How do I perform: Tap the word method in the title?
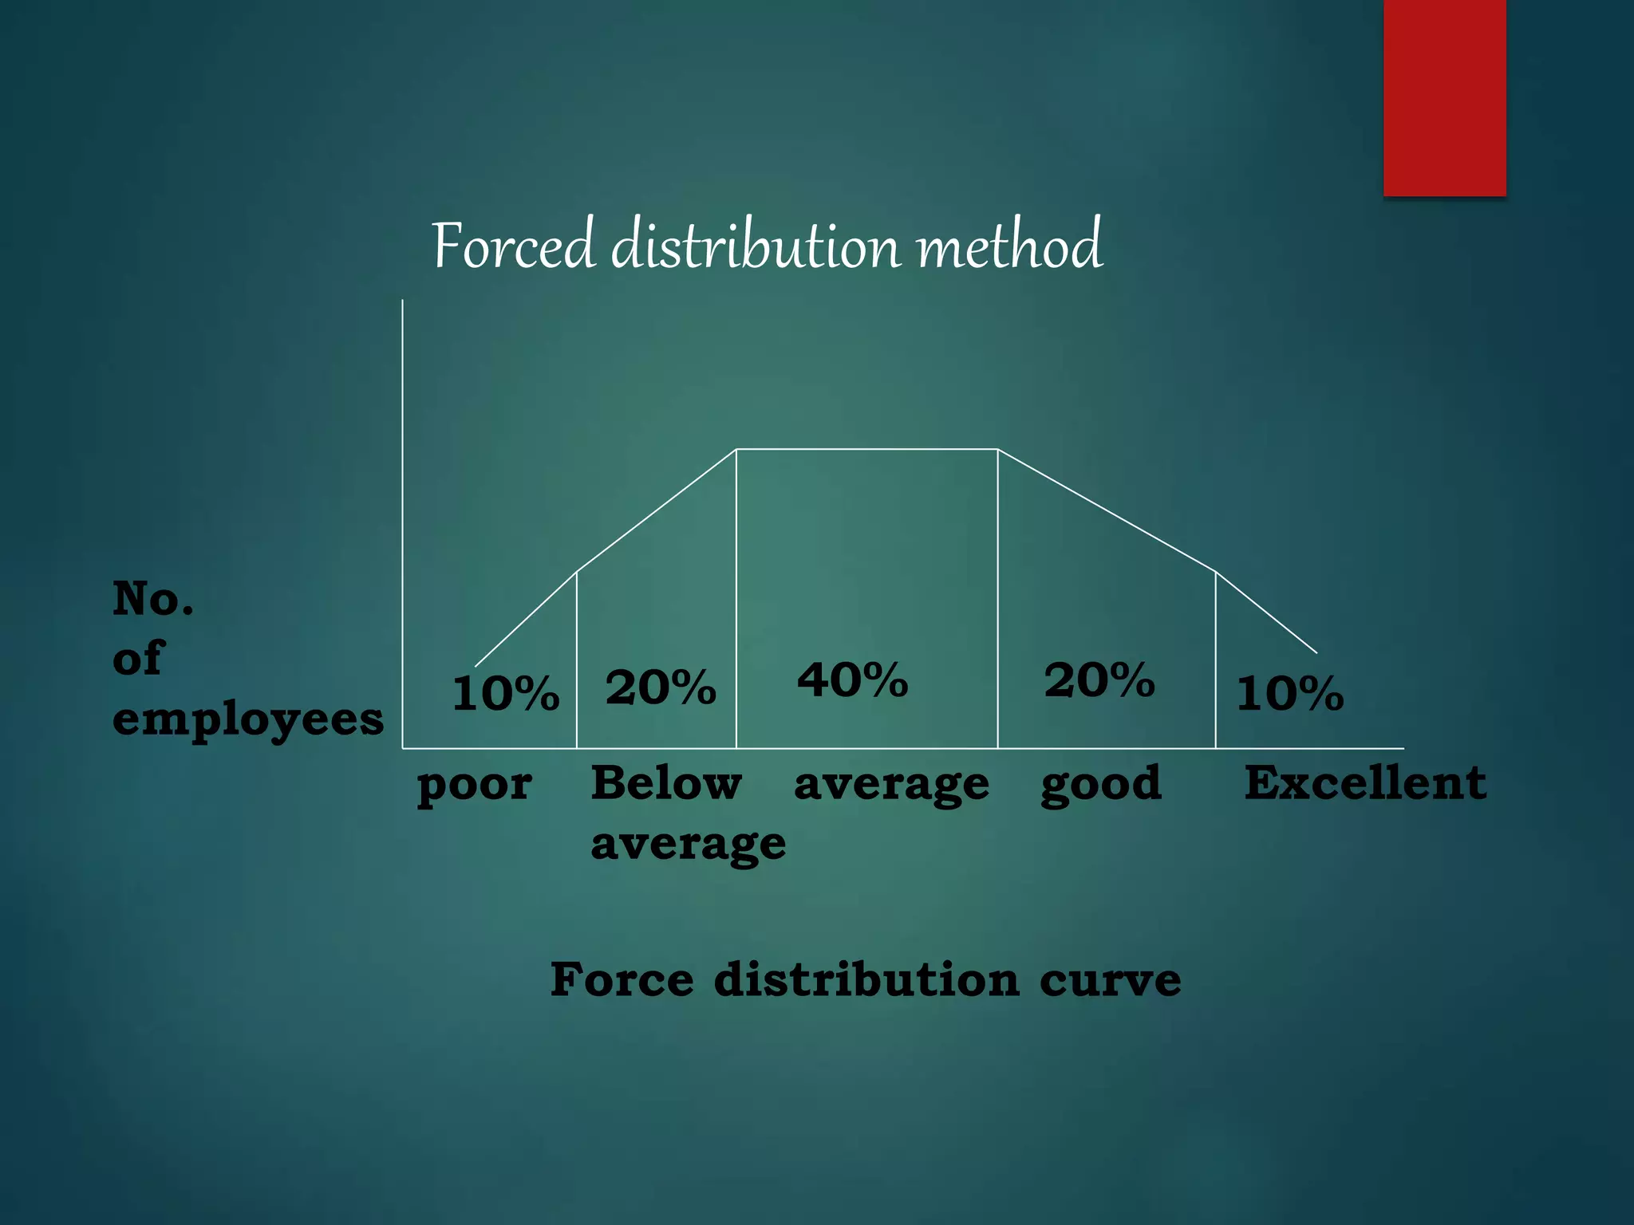tap(1010, 246)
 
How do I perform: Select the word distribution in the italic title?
tap(756, 246)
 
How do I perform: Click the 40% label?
tap(853, 680)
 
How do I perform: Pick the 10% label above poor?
tap(506, 693)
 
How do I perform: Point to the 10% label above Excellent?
tap(1290, 693)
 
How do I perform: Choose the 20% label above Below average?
tap(661, 687)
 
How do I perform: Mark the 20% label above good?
tap(1099, 680)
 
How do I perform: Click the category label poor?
tap(475, 786)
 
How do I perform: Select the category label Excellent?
tap(1365, 782)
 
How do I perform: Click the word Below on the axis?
tap(666, 782)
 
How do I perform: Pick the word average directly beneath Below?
tap(689, 844)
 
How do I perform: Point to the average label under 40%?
tap(891, 786)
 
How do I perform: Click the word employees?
tap(248, 720)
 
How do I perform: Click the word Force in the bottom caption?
tap(622, 979)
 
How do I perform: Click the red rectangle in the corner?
tap(1444, 97)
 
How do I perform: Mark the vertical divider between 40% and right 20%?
tap(998, 598)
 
